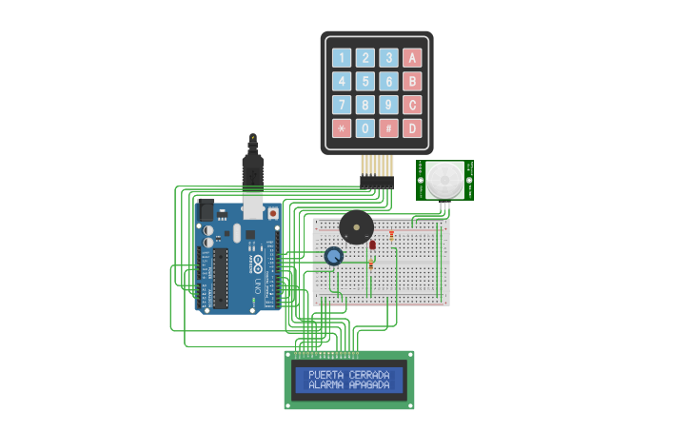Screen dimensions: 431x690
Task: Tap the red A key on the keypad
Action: click(412, 57)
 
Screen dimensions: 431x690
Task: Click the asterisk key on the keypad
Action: click(342, 127)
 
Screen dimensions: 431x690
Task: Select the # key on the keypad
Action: click(388, 127)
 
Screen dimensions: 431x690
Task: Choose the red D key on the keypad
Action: click(412, 127)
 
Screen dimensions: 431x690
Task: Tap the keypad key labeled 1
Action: click(342, 57)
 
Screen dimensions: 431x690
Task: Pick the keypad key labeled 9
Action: click(388, 105)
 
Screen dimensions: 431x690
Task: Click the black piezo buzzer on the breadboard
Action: click(356, 228)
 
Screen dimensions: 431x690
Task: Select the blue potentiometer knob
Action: click(333, 256)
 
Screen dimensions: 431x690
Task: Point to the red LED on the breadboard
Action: click(372, 245)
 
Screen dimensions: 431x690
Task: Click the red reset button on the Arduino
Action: click(273, 214)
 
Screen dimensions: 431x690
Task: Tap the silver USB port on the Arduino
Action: click(252, 206)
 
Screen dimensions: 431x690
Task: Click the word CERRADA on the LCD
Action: click(370, 375)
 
